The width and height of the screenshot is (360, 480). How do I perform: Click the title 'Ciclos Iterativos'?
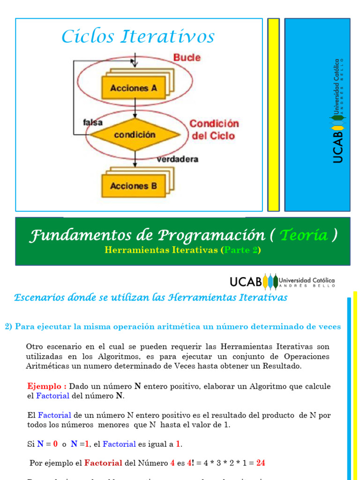tap(138, 37)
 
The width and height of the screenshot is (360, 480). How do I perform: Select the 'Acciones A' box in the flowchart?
tap(134, 88)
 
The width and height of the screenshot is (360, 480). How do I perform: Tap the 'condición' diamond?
tap(135, 135)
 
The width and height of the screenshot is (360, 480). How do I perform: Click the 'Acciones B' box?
tap(134, 186)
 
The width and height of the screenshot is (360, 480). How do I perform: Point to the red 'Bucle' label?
tap(187, 58)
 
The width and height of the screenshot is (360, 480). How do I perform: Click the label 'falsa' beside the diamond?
tap(93, 123)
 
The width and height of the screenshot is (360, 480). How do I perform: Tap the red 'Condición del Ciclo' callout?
tap(214, 130)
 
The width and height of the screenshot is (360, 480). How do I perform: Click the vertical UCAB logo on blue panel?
tap(337, 111)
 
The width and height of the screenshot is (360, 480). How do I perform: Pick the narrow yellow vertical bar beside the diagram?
tap(273, 115)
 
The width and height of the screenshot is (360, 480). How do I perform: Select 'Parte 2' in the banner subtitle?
tap(241, 250)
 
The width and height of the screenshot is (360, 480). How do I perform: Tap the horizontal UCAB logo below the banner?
tap(282, 281)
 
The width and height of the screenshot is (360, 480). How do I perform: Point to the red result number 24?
tap(261, 463)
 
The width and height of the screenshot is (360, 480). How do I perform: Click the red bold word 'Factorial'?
tap(103, 463)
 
